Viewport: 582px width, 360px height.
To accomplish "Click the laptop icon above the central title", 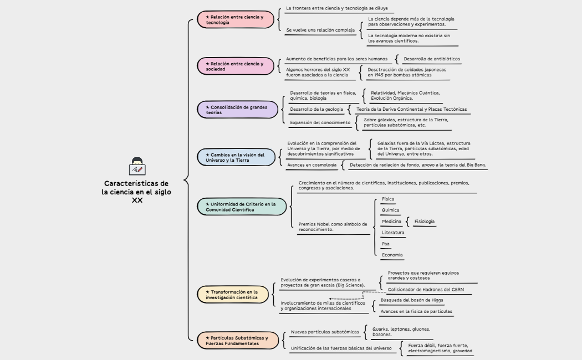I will tap(136, 166).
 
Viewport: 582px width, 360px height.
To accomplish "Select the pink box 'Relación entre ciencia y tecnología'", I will tap(236, 19).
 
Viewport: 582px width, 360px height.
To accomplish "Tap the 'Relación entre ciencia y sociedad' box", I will tap(236, 66).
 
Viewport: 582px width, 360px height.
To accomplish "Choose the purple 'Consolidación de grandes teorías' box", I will tap(238, 110).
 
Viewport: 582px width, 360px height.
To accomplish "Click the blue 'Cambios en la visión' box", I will tap(237, 157).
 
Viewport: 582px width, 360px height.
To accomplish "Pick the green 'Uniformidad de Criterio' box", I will tap(242, 207).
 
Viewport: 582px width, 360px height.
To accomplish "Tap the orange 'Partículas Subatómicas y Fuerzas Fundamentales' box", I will tap(238, 340).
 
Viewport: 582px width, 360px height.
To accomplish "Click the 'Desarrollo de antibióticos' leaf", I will tap(431, 59).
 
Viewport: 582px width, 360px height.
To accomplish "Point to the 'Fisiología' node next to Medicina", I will tap(424, 222).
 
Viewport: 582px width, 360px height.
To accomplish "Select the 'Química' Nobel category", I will tap(390, 210).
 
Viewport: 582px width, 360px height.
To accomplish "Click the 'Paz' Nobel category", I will tap(386, 244).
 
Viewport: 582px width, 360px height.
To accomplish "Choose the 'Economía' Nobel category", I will tap(392, 255).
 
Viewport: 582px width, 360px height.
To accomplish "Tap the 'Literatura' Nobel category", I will tap(393, 233).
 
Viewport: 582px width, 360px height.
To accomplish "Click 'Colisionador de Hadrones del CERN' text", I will tap(426, 290).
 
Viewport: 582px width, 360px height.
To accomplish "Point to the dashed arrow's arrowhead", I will tap(331, 299).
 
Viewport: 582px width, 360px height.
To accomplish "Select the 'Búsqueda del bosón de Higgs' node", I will tap(412, 300).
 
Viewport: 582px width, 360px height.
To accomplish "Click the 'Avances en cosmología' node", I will tap(312, 165).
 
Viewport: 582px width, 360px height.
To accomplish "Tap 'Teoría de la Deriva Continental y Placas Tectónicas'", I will tap(411, 109).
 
